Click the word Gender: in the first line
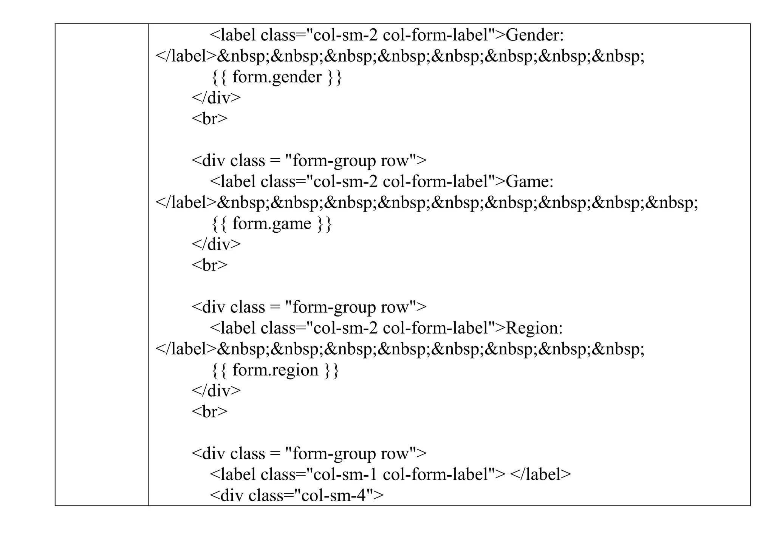[x=534, y=36]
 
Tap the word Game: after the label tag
[x=529, y=182]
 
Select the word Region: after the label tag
[x=534, y=328]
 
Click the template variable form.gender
[x=277, y=77]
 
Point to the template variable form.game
[x=271, y=224]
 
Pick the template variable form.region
[x=275, y=370]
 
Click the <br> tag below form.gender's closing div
[x=209, y=119]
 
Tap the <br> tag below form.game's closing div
[x=209, y=265]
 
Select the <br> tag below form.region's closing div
[x=209, y=411]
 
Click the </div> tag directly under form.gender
[x=216, y=98]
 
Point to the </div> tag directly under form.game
[x=216, y=244]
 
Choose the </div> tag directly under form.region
[x=216, y=391]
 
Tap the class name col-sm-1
[x=345, y=474]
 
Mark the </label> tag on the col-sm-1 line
[x=540, y=474]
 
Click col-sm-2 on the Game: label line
[x=345, y=182]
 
